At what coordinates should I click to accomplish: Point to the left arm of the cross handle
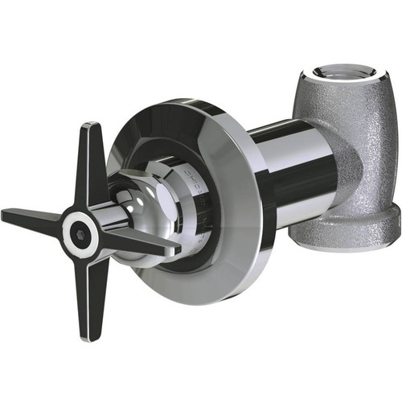point(32,218)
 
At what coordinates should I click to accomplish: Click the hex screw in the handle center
point(80,233)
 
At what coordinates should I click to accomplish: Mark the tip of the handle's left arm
point(6,215)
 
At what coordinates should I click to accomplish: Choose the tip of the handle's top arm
point(91,127)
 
